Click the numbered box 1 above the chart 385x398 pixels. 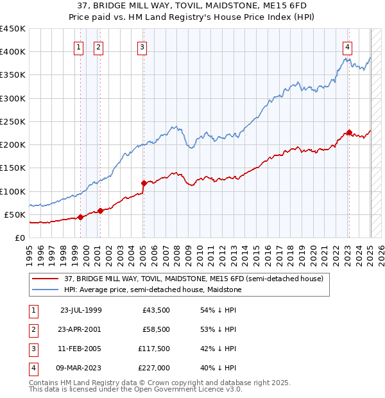coord(78,46)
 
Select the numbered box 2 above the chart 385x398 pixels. coord(98,46)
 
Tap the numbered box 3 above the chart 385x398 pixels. coord(142,46)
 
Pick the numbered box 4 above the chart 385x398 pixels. coord(346,46)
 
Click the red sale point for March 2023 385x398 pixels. coord(349,133)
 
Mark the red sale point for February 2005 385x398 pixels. coord(143,184)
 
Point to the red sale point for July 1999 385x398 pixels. coord(80,218)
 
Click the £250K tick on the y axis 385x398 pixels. coord(13,121)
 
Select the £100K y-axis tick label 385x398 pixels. coord(13,191)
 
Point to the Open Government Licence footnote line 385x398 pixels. coord(136,389)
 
